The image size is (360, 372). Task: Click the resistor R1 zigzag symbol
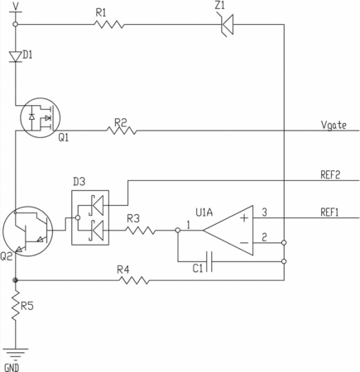pyautogui.click(x=109, y=24)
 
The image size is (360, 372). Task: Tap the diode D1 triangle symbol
pyautogui.click(x=16, y=56)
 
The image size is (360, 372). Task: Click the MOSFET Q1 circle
pyautogui.click(x=41, y=117)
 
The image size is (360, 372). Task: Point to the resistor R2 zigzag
pyautogui.click(x=122, y=131)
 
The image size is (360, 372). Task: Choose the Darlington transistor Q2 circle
pyautogui.click(x=27, y=231)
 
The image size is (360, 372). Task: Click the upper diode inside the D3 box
pyautogui.click(x=96, y=205)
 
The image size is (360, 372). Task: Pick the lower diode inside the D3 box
pyautogui.click(x=96, y=231)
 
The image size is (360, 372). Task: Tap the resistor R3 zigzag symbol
pyautogui.click(x=141, y=231)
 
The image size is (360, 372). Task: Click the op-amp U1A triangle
pyautogui.click(x=228, y=231)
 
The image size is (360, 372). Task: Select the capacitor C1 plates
pyautogui.click(x=209, y=261)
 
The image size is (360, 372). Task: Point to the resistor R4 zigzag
pyautogui.click(x=134, y=280)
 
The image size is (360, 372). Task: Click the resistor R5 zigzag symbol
pyautogui.click(x=16, y=305)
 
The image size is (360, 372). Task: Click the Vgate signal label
pyautogui.click(x=334, y=125)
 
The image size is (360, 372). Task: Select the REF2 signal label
pyautogui.click(x=330, y=174)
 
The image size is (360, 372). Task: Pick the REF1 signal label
pyautogui.click(x=329, y=212)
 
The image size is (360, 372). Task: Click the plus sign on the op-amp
pyautogui.click(x=244, y=218)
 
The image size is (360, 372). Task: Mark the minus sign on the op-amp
pyautogui.click(x=244, y=243)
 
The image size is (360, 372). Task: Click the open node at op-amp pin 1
pyautogui.click(x=178, y=230)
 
